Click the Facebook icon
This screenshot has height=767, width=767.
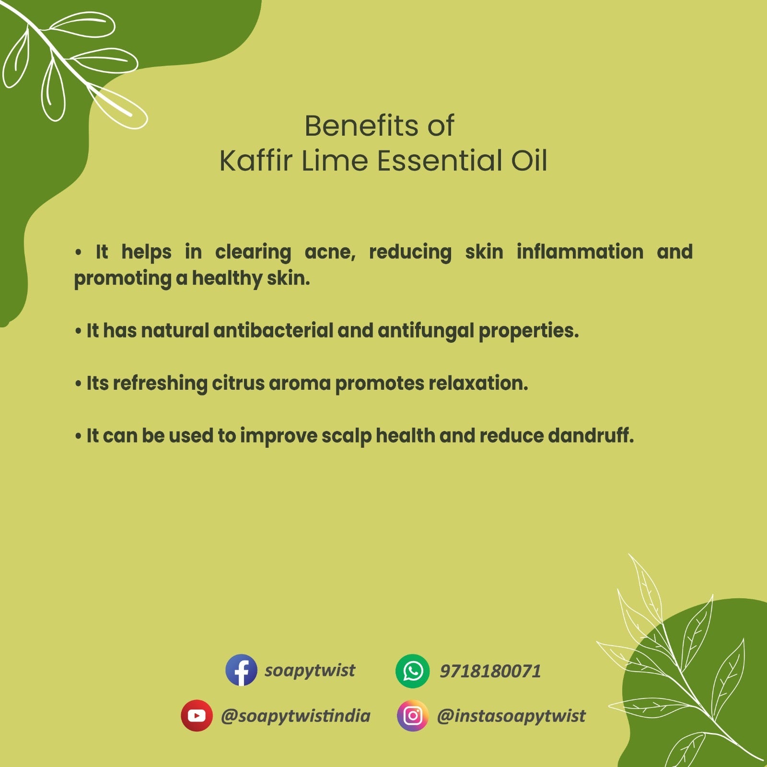pos(241,670)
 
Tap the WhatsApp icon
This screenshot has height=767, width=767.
pos(412,671)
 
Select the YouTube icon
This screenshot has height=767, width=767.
pos(197,715)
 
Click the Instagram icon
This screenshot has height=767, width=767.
pos(412,715)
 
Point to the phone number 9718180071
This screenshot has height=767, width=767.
pos(490,671)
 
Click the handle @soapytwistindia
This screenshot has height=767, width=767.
pos(295,716)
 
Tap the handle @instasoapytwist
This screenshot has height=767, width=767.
pos(511,716)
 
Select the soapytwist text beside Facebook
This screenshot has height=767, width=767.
pos(310,670)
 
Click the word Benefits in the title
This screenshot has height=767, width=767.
pos(362,126)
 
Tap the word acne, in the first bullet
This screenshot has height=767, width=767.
pos(330,252)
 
